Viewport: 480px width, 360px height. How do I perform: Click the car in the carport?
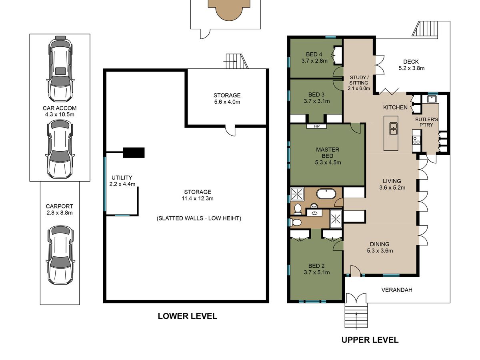point(60,255)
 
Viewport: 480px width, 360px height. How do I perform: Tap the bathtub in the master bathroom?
point(326,194)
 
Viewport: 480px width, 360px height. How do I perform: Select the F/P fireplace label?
point(316,126)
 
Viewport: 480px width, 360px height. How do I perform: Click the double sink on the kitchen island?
point(393,129)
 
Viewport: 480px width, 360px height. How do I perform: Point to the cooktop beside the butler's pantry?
point(416,140)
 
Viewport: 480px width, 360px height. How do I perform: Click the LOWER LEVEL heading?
point(188,316)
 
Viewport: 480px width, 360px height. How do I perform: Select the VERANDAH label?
point(397,290)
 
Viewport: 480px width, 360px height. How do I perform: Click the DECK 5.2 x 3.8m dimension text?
point(411,68)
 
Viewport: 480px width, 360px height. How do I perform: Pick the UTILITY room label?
point(122,178)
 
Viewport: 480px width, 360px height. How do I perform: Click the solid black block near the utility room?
point(134,152)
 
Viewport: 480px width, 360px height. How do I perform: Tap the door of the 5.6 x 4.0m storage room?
point(230,130)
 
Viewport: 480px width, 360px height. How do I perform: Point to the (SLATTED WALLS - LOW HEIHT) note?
point(199,218)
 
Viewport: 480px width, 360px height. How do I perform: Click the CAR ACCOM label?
point(60,108)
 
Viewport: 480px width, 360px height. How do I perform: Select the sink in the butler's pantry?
point(432,99)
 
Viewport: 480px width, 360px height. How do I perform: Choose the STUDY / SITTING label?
point(359,80)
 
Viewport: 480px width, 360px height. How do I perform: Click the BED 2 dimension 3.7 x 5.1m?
point(317,272)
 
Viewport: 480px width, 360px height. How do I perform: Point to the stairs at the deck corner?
point(425,28)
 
